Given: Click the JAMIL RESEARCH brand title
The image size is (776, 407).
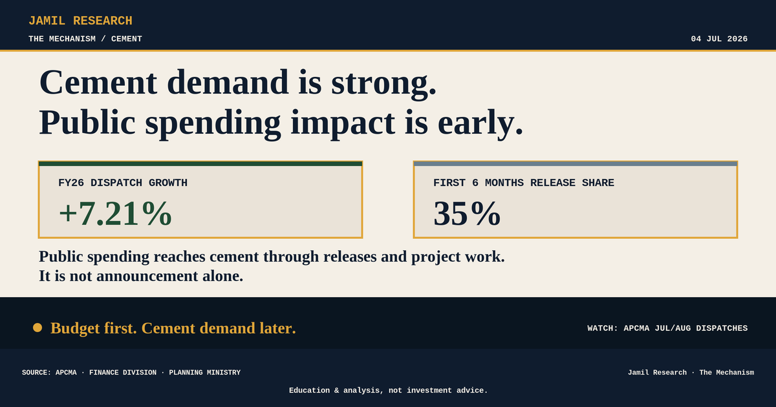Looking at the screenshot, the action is pos(80,21).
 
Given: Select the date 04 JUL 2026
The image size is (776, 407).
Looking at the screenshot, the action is pos(719,39).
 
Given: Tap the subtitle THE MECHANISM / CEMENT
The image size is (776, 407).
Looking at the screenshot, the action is pos(85,39).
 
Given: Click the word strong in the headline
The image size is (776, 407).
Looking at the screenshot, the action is pos(383,84).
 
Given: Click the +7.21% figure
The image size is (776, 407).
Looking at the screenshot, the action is pos(115,214).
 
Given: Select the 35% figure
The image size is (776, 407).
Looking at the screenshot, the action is pos(467,214).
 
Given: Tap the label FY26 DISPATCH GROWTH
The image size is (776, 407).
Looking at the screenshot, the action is pos(123,183).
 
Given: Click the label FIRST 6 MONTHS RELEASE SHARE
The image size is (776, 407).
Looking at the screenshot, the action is pos(523,183).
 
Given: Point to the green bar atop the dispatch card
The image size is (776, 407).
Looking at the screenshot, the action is pos(200,163).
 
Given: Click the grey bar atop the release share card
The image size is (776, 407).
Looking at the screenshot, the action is pos(576,163).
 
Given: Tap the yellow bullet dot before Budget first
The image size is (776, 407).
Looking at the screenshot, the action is pos(38,328).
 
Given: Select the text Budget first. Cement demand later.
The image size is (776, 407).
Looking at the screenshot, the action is pos(173,328).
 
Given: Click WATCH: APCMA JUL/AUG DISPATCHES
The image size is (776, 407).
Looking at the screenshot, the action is pos(667,328).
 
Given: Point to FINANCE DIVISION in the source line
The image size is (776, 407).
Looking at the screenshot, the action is pos(123,372).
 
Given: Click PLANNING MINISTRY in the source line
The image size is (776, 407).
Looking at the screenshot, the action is pos(205,372).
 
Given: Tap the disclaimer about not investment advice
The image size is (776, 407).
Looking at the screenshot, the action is pos(389,390).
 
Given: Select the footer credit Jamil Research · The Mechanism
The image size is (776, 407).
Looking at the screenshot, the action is pos(691,372).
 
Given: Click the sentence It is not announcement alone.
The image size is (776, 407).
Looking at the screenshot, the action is pos(141,277).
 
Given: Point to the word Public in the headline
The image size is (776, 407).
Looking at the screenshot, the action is pos(87,123).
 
